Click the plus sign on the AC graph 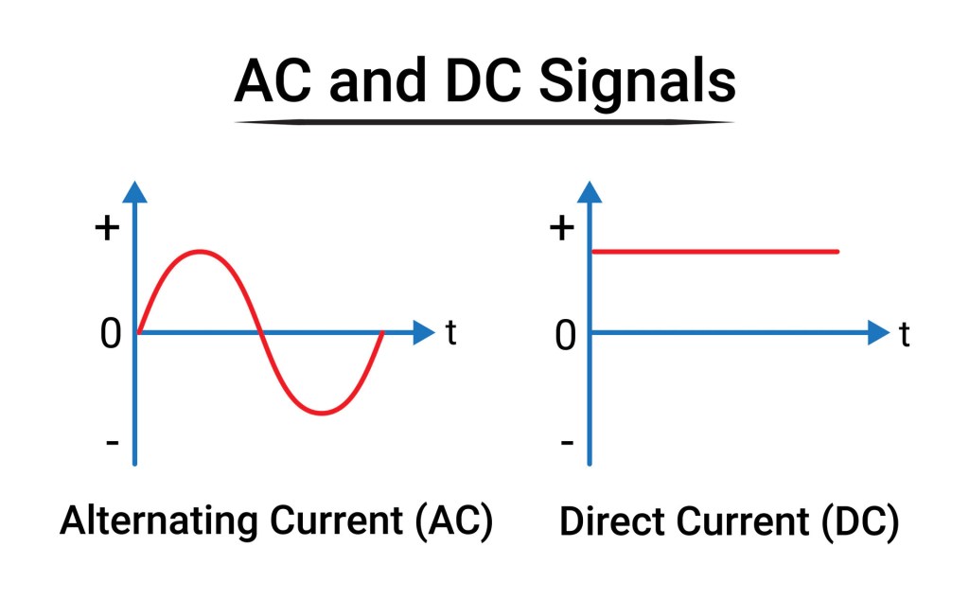coord(109,229)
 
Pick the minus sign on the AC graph coord(113,442)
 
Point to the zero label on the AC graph coord(112,334)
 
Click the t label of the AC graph coord(451,333)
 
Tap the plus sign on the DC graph coord(562,229)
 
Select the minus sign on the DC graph coord(566,442)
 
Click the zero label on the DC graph coord(565,335)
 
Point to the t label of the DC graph coord(905,333)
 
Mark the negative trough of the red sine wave coord(323,413)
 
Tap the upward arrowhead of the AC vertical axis coord(136,191)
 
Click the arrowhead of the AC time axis coord(423,332)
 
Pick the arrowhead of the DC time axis coord(877,332)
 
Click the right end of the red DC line coord(837,252)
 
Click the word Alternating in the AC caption coord(161,522)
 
